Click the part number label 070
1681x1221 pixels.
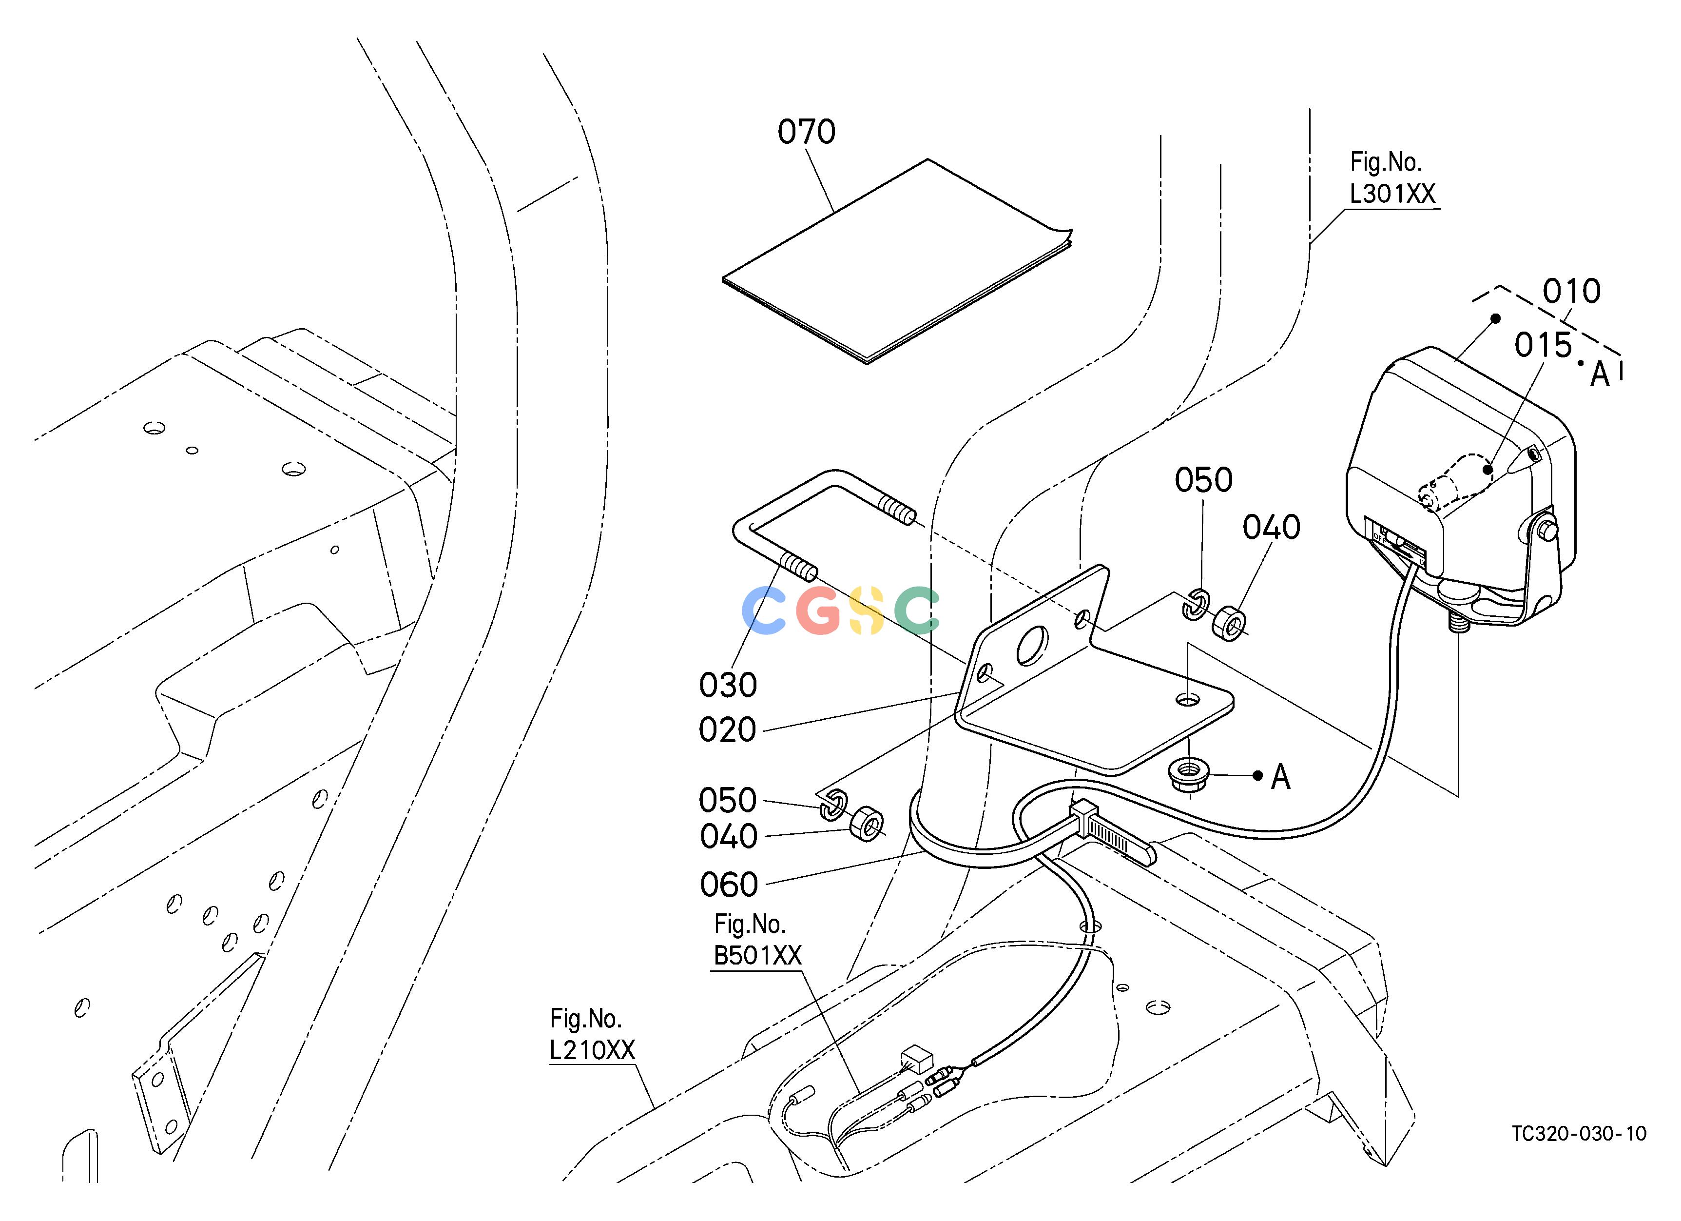(807, 132)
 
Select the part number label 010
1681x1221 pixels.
(1571, 291)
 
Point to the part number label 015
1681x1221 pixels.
(1543, 345)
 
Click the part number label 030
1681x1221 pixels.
(728, 685)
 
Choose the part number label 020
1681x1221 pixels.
(728, 730)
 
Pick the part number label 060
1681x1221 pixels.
(729, 885)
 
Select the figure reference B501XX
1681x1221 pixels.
(757, 956)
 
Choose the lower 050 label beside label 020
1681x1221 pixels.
(728, 801)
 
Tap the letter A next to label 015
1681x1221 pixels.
(1600, 375)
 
